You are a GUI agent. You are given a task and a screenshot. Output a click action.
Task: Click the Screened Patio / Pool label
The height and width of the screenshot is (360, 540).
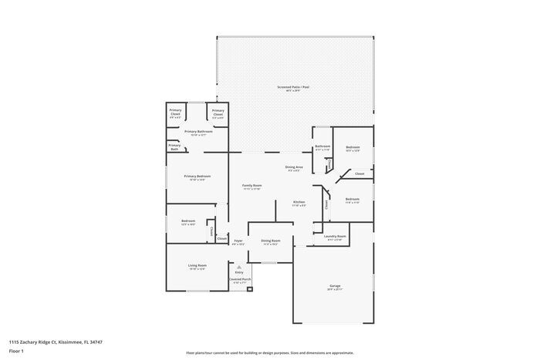tap(295, 87)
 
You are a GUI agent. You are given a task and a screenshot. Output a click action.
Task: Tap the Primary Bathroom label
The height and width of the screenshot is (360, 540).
tap(197, 131)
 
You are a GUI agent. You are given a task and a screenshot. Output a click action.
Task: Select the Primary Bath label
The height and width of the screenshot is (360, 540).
tap(175, 146)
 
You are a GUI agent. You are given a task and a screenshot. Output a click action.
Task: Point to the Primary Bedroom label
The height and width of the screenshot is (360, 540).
tap(197, 177)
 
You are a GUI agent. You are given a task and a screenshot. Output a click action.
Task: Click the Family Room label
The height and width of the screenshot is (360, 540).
tap(252, 186)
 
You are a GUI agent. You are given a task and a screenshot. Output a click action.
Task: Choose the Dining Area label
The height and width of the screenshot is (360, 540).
tap(295, 167)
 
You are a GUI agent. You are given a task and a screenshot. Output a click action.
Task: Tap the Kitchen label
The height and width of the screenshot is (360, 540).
tap(299, 203)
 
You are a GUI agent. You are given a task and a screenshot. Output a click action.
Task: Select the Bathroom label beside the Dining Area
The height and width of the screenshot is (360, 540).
tap(322, 146)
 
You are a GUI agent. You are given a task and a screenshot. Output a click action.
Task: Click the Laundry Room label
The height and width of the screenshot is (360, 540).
tap(336, 237)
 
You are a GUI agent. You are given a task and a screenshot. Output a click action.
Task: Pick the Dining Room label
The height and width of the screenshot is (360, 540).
tap(270, 241)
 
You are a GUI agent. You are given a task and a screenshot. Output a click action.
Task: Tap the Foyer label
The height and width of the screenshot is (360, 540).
tap(239, 241)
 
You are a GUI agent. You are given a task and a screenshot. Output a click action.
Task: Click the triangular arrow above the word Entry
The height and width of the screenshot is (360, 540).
tap(239, 267)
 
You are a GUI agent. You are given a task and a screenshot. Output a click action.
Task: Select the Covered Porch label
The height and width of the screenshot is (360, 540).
tap(239, 279)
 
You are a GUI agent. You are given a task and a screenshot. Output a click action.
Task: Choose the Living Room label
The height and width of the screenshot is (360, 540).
tap(197, 267)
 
